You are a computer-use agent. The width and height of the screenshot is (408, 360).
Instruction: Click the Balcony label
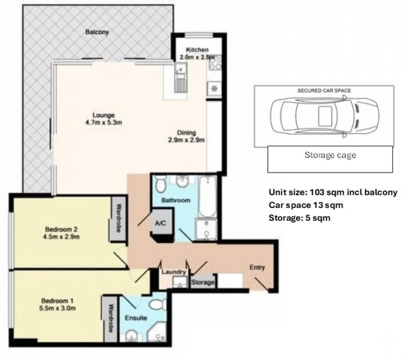[97, 32]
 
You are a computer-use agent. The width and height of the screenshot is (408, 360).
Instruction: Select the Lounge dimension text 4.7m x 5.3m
[103, 122]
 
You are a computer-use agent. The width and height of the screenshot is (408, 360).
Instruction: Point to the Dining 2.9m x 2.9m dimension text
[186, 140]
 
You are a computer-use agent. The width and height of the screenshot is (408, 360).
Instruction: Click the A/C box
[161, 223]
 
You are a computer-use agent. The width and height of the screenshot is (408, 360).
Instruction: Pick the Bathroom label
[176, 200]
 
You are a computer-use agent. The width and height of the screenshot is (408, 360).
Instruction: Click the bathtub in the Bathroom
[207, 196]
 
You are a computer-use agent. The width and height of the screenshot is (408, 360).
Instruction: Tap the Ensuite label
[136, 318]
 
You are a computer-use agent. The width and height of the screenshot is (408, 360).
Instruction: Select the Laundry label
[173, 272]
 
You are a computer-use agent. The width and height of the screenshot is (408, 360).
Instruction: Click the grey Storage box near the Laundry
[203, 282]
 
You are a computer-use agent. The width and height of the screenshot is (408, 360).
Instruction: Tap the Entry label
[257, 267]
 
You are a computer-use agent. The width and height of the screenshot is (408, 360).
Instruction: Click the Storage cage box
[330, 160]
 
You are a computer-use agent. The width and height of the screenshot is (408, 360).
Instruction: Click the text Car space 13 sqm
[306, 205]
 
